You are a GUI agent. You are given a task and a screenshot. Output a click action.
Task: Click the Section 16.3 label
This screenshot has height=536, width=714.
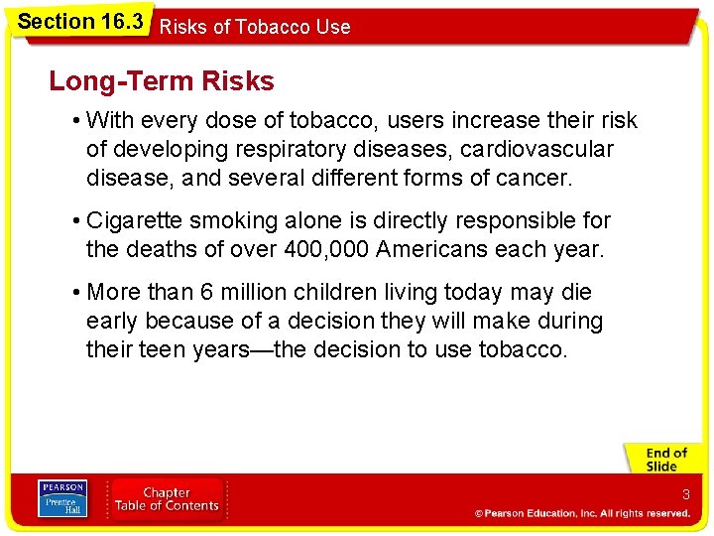pos(80,22)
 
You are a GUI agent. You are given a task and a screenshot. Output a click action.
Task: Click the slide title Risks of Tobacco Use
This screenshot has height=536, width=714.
pos(255,27)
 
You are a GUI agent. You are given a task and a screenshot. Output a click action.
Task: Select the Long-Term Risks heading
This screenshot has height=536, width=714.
pos(162,81)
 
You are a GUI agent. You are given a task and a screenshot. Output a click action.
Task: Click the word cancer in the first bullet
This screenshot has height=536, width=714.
pos(535,179)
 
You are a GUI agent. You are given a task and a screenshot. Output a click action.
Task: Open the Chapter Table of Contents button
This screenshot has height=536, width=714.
pos(167,498)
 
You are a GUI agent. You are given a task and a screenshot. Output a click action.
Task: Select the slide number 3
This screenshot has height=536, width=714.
pos(685,494)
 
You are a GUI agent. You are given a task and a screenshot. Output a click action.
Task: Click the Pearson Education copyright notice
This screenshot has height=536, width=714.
pos(582,513)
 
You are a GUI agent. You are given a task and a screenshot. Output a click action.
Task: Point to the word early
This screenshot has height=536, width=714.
pos(112,322)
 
